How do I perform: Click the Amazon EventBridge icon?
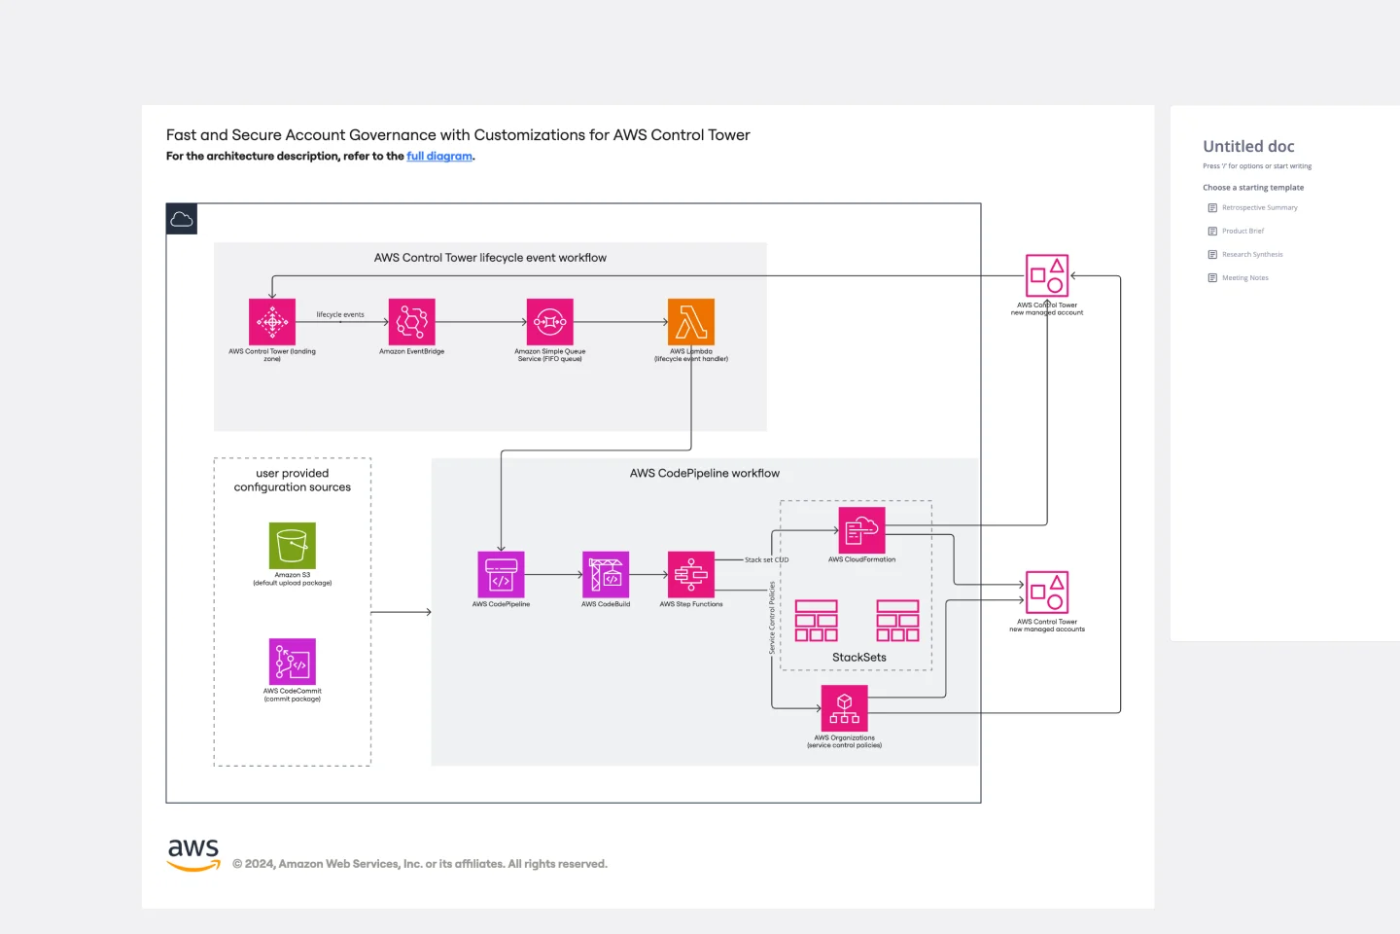click(x=411, y=322)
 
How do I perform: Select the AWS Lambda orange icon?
click(x=691, y=322)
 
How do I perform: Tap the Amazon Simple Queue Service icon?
click(x=550, y=322)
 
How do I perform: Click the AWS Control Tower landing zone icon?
click(x=272, y=322)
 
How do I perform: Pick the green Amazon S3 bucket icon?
click(x=293, y=546)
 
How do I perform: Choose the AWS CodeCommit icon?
click(x=293, y=662)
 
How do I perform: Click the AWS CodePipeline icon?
click(x=501, y=575)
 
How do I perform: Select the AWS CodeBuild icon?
click(x=606, y=575)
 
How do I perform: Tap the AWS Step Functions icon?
click(x=691, y=575)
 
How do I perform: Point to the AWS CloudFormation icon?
click(x=862, y=530)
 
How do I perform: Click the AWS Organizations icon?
click(x=845, y=708)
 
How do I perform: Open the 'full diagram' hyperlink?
click(x=439, y=156)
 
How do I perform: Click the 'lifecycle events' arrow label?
click(x=340, y=314)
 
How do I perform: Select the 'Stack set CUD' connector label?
click(x=767, y=560)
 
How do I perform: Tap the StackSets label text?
click(x=859, y=658)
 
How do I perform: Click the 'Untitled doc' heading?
click(x=1249, y=147)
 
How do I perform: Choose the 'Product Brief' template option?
click(x=1242, y=232)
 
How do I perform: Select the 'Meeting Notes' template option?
click(x=1244, y=278)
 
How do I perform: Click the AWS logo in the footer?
click(x=194, y=854)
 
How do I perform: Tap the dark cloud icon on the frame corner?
click(x=182, y=219)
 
